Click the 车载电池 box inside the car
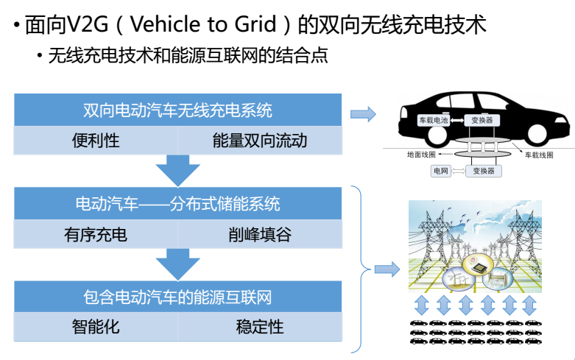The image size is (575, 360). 433,119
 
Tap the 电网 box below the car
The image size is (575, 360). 441,171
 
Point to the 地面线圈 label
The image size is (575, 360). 421,155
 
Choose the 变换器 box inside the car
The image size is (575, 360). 482,119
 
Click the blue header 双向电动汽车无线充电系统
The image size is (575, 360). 177,110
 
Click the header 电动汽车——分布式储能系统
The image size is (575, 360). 177,203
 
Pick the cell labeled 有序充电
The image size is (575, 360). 96,235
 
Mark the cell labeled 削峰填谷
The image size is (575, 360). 259,235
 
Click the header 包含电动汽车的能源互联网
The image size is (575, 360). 177,297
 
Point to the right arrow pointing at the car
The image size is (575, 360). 362,114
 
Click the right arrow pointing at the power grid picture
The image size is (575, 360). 387,269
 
